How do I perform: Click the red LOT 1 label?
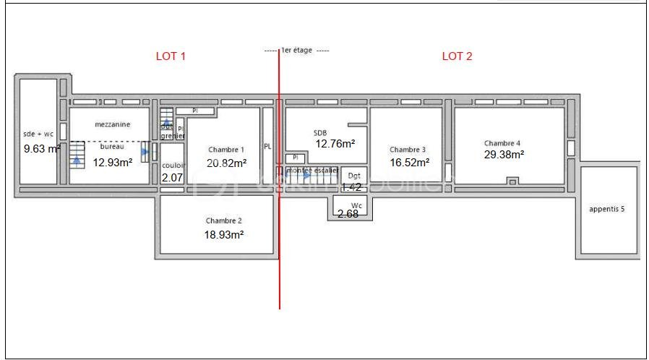click(x=171, y=56)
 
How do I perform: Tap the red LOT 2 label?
click(x=457, y=56)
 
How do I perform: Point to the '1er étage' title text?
click(x=296, y=51)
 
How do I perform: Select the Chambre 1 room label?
click(x=225, y=150)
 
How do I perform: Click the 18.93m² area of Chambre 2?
click(x=224, y=234)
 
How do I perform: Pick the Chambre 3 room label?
click(x=408, y=150)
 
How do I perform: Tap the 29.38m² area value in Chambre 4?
click(x=504, y=154)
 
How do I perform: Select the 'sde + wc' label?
click(x=39, y=134)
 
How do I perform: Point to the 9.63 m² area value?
click(x=42, y=149)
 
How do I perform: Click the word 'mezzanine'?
click(x=112, y=124)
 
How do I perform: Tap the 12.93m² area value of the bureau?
click(x=113, y=163)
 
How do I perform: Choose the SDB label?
click(x=320, y=132)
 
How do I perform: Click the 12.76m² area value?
click(x=335, y=144)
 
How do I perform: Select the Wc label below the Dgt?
click(x=356, y=205)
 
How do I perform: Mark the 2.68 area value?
click(x=348, y=214)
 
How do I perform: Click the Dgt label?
click(x=354, y=176)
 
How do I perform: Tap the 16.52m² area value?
click(x=410, y=163)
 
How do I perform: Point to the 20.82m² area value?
click(x=226, y=163)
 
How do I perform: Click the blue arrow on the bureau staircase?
click(x=77, y=160)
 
